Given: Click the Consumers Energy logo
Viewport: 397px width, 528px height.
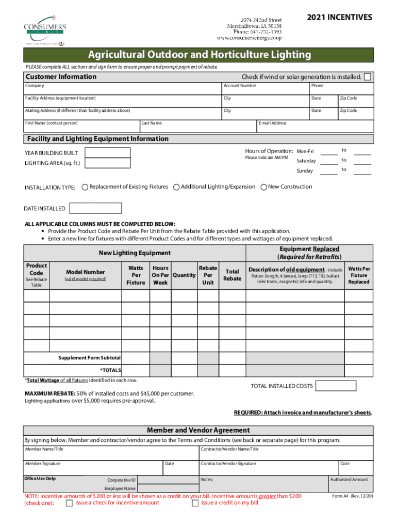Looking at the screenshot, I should tap(45, 31).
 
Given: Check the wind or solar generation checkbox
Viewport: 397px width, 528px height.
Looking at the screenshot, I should tap(367, 77).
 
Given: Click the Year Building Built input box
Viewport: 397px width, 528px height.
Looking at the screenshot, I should tap(108, 153).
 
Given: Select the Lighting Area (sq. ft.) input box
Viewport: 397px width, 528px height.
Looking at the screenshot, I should tap(108, 163).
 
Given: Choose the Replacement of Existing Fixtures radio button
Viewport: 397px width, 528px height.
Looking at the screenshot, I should tap(85, 187).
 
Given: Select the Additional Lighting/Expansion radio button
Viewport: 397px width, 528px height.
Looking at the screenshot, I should tap(177, 187).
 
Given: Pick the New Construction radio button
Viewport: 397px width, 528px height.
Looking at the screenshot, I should tap(264, 187).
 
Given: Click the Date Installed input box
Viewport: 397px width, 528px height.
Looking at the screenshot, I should tap(95, 208).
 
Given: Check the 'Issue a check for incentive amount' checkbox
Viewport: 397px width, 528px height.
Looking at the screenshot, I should tap(69, 503).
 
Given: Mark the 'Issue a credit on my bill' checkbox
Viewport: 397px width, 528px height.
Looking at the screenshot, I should tap(195, 503).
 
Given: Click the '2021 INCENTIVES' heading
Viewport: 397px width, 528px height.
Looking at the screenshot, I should tap(339, 18).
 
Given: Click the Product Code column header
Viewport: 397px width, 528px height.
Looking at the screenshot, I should tap(37, 269).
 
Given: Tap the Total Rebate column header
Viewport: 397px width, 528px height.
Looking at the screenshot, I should tap(232, 275).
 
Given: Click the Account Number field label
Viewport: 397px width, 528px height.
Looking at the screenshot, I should tap(240, 86).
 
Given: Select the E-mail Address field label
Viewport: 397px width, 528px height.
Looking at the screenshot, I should tap(273, 123).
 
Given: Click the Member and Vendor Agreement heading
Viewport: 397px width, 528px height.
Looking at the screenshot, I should tap(198, 430).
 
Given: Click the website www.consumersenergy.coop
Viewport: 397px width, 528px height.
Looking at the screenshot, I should tap(249, 38).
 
